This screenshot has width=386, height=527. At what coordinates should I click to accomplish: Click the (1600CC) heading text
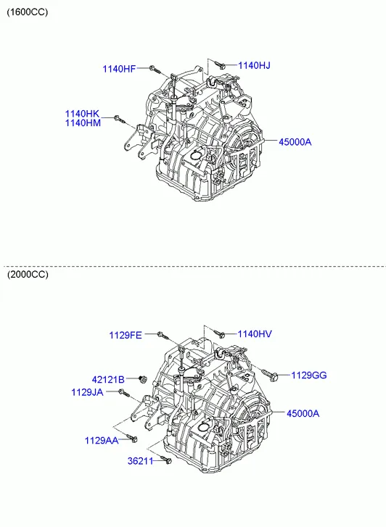click(28, 12)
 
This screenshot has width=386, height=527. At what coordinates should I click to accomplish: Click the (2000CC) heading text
click(28, 275)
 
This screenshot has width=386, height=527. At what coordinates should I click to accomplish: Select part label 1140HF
click(118, 69)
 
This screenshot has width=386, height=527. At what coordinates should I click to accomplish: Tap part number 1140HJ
click(254, 65)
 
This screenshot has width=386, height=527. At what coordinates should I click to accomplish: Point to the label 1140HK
click(82, 114)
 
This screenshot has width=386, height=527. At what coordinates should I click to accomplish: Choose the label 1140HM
click(82, 123)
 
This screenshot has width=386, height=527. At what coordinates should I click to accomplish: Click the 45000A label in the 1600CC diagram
click(295, 142)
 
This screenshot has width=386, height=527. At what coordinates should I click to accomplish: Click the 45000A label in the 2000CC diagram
click(303, 413)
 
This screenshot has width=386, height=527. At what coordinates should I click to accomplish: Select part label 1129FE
click(126, 335)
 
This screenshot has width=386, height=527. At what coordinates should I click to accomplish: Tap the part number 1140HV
click(255, 333)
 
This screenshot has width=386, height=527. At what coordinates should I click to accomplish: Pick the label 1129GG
click(309, 375)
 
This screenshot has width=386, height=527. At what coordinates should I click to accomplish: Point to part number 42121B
click(108, 379)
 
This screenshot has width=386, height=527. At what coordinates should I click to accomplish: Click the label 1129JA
click(88, 392)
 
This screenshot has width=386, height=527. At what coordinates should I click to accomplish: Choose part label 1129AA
click(101, 440)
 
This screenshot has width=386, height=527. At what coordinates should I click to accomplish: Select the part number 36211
click(141, 461)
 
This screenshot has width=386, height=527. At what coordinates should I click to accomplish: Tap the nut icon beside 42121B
click(141, 378)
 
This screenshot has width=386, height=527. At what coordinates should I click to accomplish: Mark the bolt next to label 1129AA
click(131, 438)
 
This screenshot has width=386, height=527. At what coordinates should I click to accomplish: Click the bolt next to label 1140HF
click(153, 69)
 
